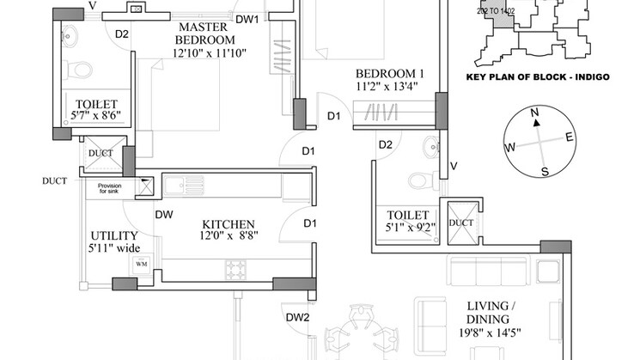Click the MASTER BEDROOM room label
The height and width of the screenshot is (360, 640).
204,34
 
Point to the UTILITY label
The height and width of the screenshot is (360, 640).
114,235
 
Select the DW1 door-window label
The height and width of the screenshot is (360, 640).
247,19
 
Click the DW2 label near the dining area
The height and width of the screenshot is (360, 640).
297,317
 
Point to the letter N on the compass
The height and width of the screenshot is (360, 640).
534,113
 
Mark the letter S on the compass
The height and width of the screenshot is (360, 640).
544,172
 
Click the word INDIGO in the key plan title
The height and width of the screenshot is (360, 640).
590,76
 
